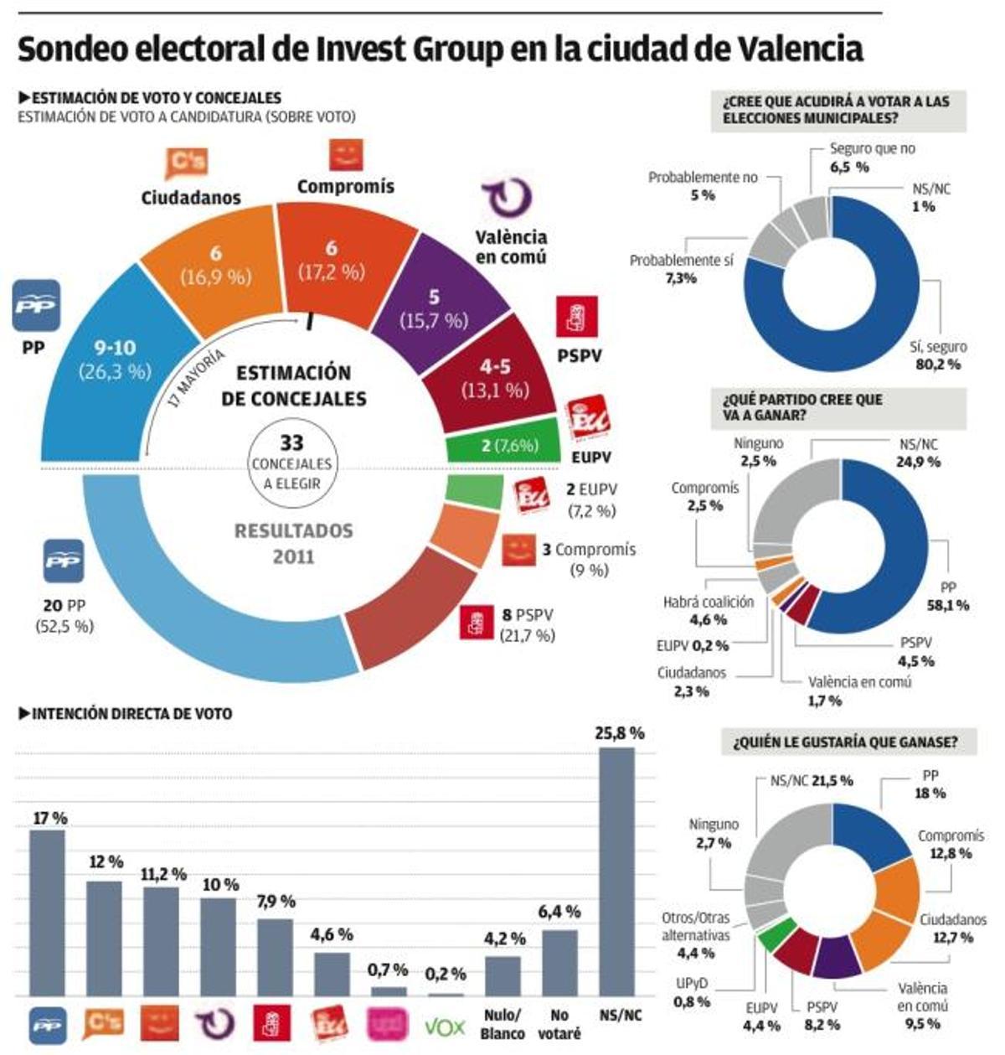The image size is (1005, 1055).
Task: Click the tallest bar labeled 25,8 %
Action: (x=616, y=871)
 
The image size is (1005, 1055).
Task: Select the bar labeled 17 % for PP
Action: (x=47, y=913)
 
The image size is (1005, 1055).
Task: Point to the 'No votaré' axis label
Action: (x=559, y=1025)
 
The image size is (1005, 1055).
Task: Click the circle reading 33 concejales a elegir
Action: (x=291, y=463)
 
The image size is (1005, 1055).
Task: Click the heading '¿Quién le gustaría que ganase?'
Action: (x=844, y=742)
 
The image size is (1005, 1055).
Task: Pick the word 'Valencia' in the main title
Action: (x=801, y=49)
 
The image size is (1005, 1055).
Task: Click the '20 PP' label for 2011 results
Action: (x=64, y=605)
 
